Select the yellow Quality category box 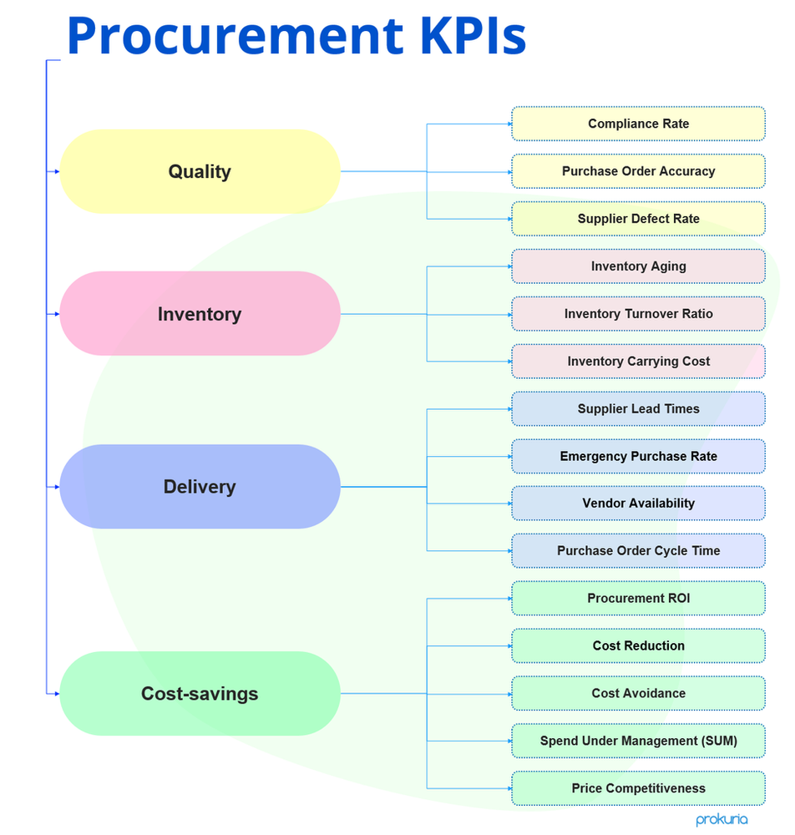200,171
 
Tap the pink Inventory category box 200,314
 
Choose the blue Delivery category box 200,487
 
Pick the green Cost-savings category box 200,693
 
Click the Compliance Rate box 638,124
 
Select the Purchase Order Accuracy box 638,171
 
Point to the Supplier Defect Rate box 638,219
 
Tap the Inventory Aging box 638,266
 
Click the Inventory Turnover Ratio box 638,314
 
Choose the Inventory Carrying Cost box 638,362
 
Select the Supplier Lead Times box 638,409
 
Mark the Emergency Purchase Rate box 638,457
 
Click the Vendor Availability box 638,504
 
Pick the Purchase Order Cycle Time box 638,551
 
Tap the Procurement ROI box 638,599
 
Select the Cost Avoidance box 638,693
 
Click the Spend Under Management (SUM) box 638,741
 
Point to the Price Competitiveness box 638,788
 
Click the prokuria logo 722,820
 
